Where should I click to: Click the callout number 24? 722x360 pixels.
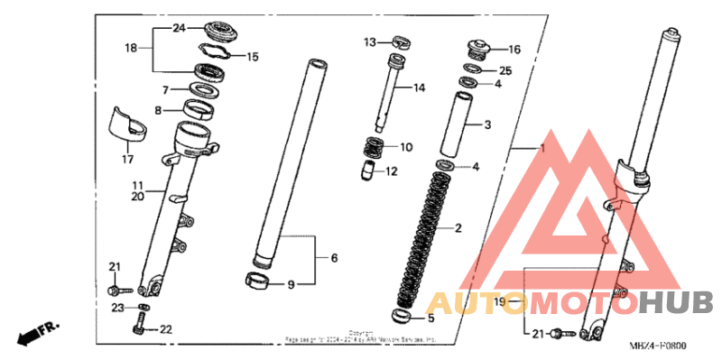178,29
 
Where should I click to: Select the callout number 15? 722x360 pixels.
253,57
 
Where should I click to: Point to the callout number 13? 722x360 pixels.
369,42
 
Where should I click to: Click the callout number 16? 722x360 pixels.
514,50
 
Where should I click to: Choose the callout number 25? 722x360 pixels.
505,70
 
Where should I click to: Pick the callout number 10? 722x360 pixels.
406,146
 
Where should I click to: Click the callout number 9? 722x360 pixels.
292,285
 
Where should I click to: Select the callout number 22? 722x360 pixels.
164,329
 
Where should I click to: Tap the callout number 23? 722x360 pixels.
116,308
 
